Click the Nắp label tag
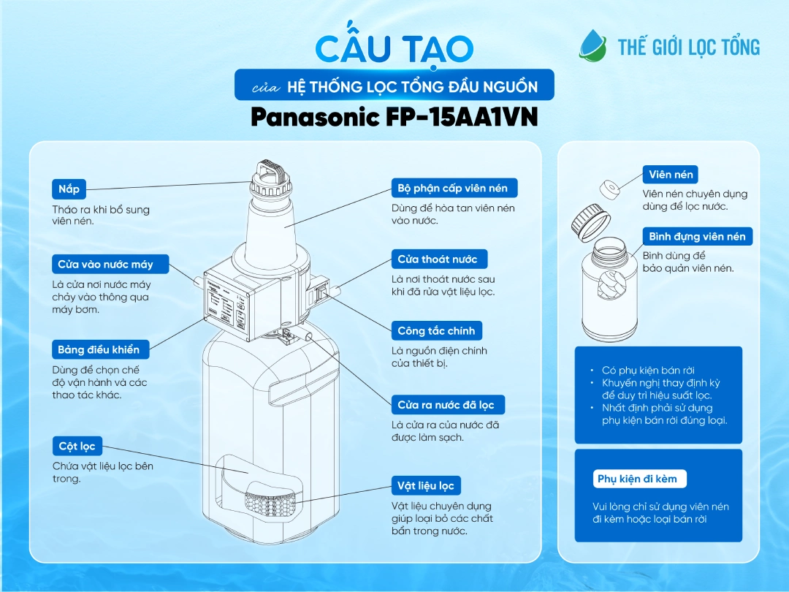click(x=69, y=189)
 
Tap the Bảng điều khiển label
click(x=99, y=349)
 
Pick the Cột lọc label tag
click(x=77, y=446)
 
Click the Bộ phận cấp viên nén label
click(x=454, y=188)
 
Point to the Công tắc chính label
click(x=436, y=330)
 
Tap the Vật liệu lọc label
click(x=426, y=485)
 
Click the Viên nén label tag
click(x=671, y=175)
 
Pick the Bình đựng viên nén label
click(x=697, y=236)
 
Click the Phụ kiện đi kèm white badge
click(x=638, y=479)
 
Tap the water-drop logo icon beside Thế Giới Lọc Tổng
click(x=592, y=45)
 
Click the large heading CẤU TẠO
click(x=394, y=48)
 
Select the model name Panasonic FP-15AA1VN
click(x=394, y=118)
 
